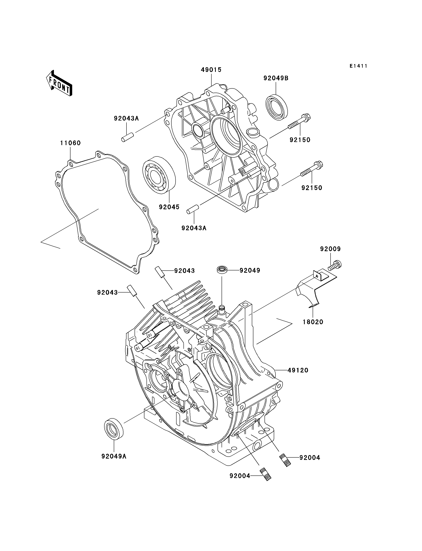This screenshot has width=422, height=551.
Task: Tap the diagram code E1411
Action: tap(358, 66)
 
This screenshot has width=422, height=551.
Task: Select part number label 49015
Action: tap(211, 70)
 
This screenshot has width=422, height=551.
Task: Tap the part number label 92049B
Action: tap(276, 78)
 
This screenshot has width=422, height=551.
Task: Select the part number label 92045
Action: tap(169, 207)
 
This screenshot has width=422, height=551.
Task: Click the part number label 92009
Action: tap(330, 249)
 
